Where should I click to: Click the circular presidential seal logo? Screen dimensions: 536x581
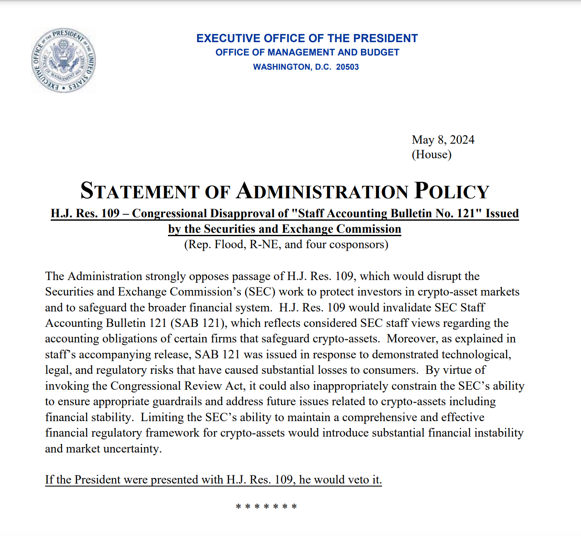(64, 60)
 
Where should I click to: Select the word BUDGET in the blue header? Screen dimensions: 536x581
(380, 52)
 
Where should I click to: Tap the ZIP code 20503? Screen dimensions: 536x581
(347, 67)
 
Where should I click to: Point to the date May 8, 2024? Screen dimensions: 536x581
(443, 140)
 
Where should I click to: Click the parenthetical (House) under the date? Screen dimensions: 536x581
(431, 154)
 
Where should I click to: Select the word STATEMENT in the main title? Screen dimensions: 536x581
(139, 191)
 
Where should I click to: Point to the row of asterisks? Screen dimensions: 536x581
(266, 506)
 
